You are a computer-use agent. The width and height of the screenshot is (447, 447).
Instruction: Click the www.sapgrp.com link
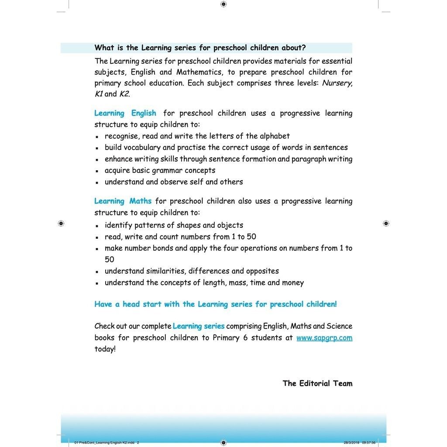[x=324, y=338]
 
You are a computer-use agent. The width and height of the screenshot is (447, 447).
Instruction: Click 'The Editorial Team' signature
[x=317, y=383]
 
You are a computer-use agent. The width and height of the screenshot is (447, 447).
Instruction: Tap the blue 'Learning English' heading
[x=125, y=113]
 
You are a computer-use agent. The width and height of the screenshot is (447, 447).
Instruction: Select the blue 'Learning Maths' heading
[x=123, y=201]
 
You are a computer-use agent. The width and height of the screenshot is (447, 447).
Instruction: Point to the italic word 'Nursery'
[x=337, y=83]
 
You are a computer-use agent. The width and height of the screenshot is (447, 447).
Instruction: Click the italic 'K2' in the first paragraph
[x=124, y=94]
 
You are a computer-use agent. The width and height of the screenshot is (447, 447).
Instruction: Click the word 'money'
[x=293, y=282]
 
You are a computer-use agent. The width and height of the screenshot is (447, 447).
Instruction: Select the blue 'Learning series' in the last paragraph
[x=199, y=326]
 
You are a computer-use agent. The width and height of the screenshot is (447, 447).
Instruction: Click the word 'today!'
[x=105, y=349]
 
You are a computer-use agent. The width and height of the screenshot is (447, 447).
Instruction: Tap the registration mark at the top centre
[x=223, y=4]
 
